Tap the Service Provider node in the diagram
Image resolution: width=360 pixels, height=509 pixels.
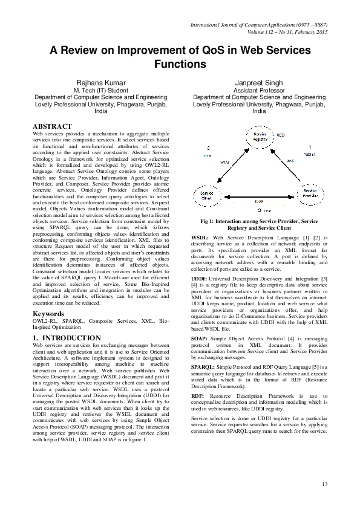(x=310, y=195)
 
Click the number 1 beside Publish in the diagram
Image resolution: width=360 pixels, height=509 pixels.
(x=309, y=147)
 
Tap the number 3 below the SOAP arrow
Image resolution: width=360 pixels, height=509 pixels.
(x=259, y=210)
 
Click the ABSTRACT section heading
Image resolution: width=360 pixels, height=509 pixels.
(x=56, y=126)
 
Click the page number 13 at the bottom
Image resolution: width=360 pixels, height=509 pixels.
(x=324, y=484)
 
